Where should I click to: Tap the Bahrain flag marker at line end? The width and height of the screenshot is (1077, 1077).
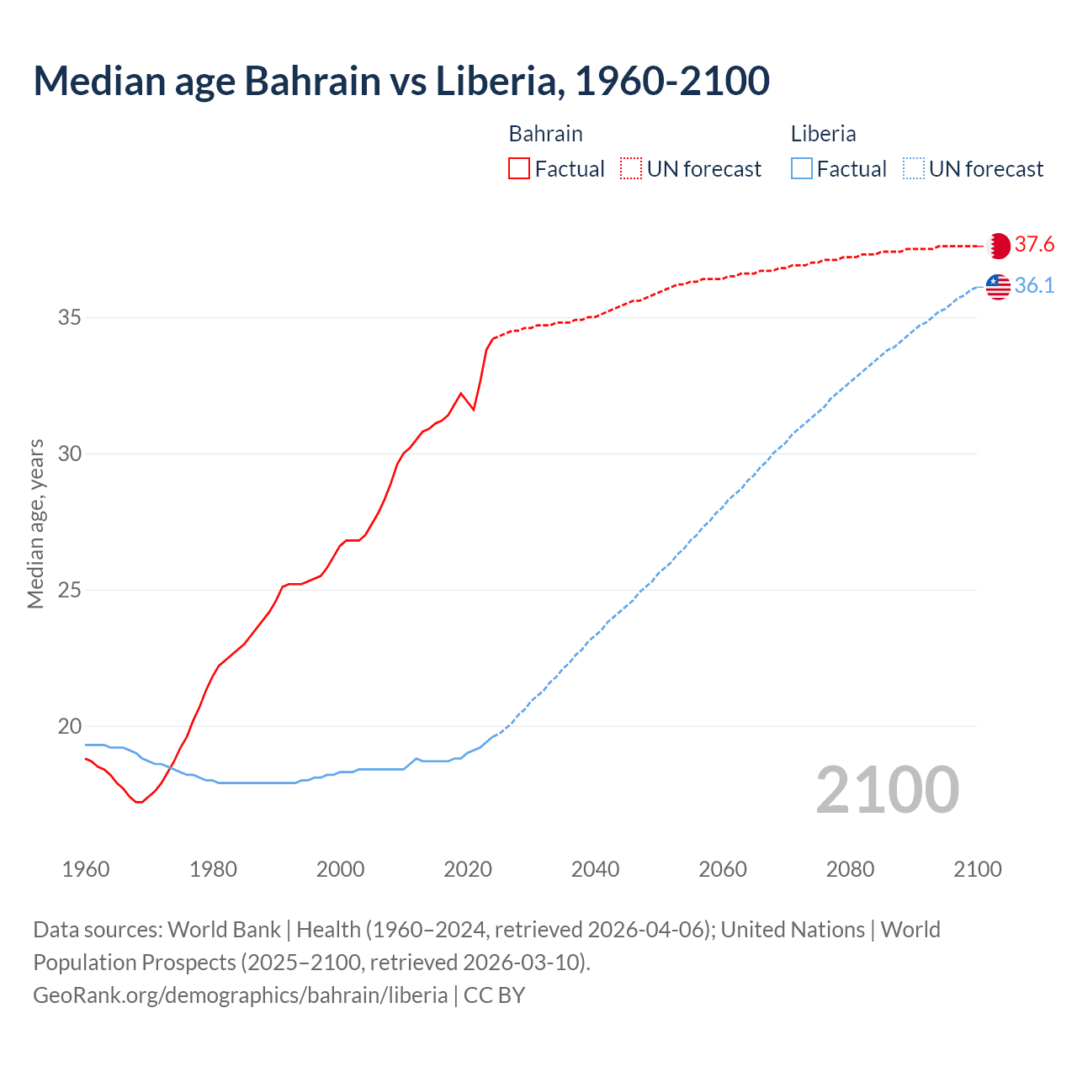998,246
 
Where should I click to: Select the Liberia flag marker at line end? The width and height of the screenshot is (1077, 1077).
998,286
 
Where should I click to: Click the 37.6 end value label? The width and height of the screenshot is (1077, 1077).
1034,245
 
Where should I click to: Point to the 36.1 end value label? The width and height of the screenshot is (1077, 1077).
1034,286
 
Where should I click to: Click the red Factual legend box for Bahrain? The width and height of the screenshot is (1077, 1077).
519,169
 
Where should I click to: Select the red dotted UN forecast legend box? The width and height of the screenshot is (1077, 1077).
631,169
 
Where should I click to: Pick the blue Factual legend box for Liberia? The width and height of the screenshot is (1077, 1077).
802,169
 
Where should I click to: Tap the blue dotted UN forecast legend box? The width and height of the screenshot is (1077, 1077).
913,169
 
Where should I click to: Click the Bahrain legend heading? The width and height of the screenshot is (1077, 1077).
545,134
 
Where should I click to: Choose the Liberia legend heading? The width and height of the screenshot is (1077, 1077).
823,134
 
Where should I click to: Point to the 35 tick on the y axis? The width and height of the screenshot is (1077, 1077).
69,318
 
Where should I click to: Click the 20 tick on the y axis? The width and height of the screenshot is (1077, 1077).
69,726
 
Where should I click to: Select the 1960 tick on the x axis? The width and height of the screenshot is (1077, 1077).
86,869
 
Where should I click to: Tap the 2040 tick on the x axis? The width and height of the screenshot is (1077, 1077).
595,869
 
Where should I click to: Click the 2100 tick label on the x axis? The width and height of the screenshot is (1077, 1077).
977,869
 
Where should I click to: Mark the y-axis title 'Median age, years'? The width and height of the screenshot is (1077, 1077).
35,523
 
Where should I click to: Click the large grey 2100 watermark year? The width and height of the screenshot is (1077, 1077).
887,789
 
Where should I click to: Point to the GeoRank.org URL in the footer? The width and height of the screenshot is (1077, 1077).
240,995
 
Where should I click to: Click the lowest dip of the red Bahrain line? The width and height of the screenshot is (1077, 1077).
139,802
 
